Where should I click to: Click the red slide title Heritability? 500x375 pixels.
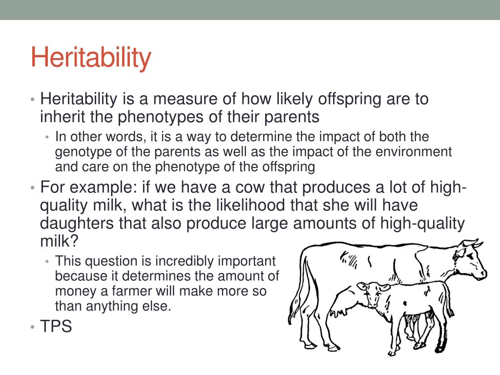point(91,58)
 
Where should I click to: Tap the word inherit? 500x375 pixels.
point(61,117)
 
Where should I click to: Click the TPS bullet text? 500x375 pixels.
point(56,326)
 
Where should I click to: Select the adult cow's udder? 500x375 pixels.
point(342,310)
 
